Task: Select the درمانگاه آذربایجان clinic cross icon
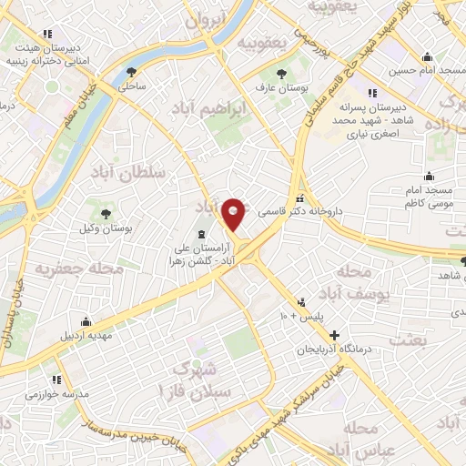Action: pos(335,336)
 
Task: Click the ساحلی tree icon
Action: pos(133,73)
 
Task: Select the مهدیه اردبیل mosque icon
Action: pos(86,321)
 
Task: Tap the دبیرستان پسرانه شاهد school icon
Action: pos(371,93)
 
